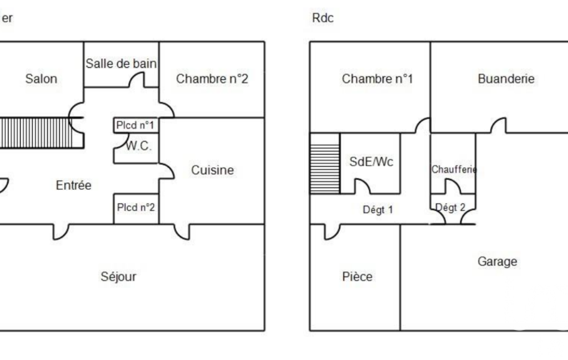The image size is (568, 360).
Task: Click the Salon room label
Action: point(41,79)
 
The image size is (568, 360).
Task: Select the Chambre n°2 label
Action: point(212,79)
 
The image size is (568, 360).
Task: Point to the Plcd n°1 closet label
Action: point(135,126)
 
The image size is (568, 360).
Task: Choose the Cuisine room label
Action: point(213,170)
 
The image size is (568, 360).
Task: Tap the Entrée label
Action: point(74,185)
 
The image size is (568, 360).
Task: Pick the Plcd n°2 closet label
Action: point(136,208)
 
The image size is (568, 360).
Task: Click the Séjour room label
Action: point(119,276)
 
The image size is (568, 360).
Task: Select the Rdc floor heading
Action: point(321,18)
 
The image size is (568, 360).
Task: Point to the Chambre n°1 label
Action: point(377,79)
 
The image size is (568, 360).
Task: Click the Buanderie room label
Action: point(506,79)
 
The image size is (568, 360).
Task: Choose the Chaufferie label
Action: point(454,169)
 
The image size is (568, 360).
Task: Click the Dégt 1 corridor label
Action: point(377,210)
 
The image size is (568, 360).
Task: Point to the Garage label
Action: point(497,261)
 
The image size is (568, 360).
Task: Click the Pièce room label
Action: point(357,276)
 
